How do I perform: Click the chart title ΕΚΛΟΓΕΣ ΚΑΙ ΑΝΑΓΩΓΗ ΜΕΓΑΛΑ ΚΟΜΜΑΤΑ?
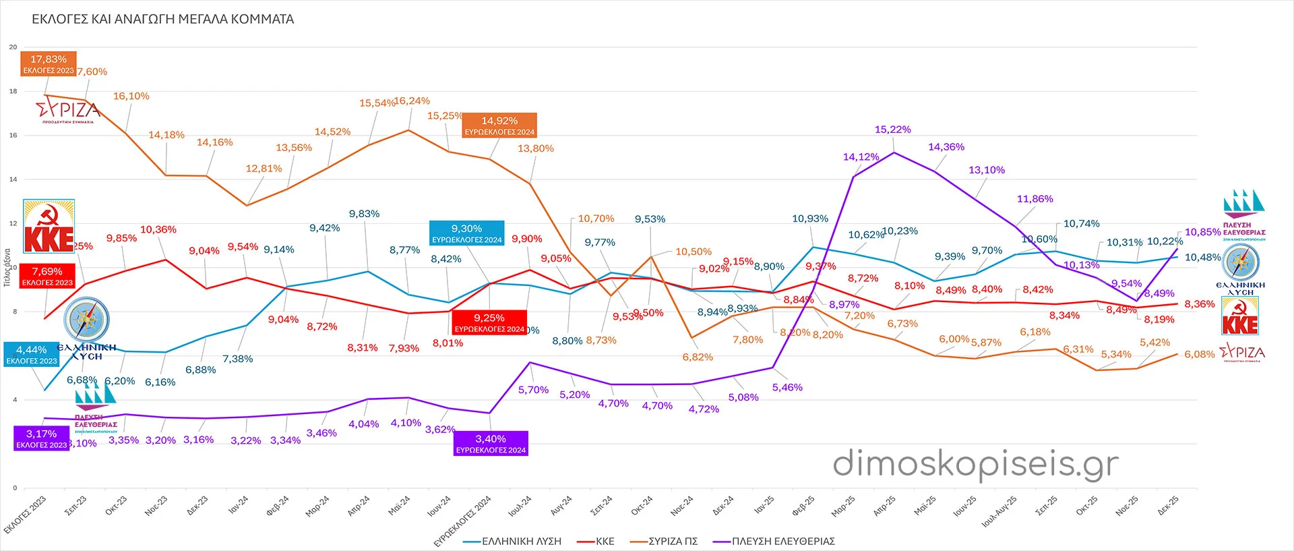[163, 20]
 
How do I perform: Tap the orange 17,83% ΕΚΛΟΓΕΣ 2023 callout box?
[49, 64]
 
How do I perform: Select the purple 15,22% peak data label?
[892, 129]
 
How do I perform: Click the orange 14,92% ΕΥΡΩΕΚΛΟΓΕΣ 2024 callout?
[499, 125]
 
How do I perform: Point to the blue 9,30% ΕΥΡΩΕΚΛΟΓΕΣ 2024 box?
[467, 233]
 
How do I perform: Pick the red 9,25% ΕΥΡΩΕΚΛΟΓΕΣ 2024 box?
[489, 322]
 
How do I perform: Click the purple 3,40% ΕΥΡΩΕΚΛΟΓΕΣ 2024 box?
[491, 444]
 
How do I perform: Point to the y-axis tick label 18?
[13, 91]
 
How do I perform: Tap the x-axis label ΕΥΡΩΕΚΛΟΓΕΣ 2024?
[463, 521]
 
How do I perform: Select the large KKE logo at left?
[49, 226]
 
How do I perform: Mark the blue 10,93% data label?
[809, 219]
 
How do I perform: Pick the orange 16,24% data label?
[412, 101]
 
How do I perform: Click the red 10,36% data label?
[158, 230]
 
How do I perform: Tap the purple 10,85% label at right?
[1202, 233]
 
